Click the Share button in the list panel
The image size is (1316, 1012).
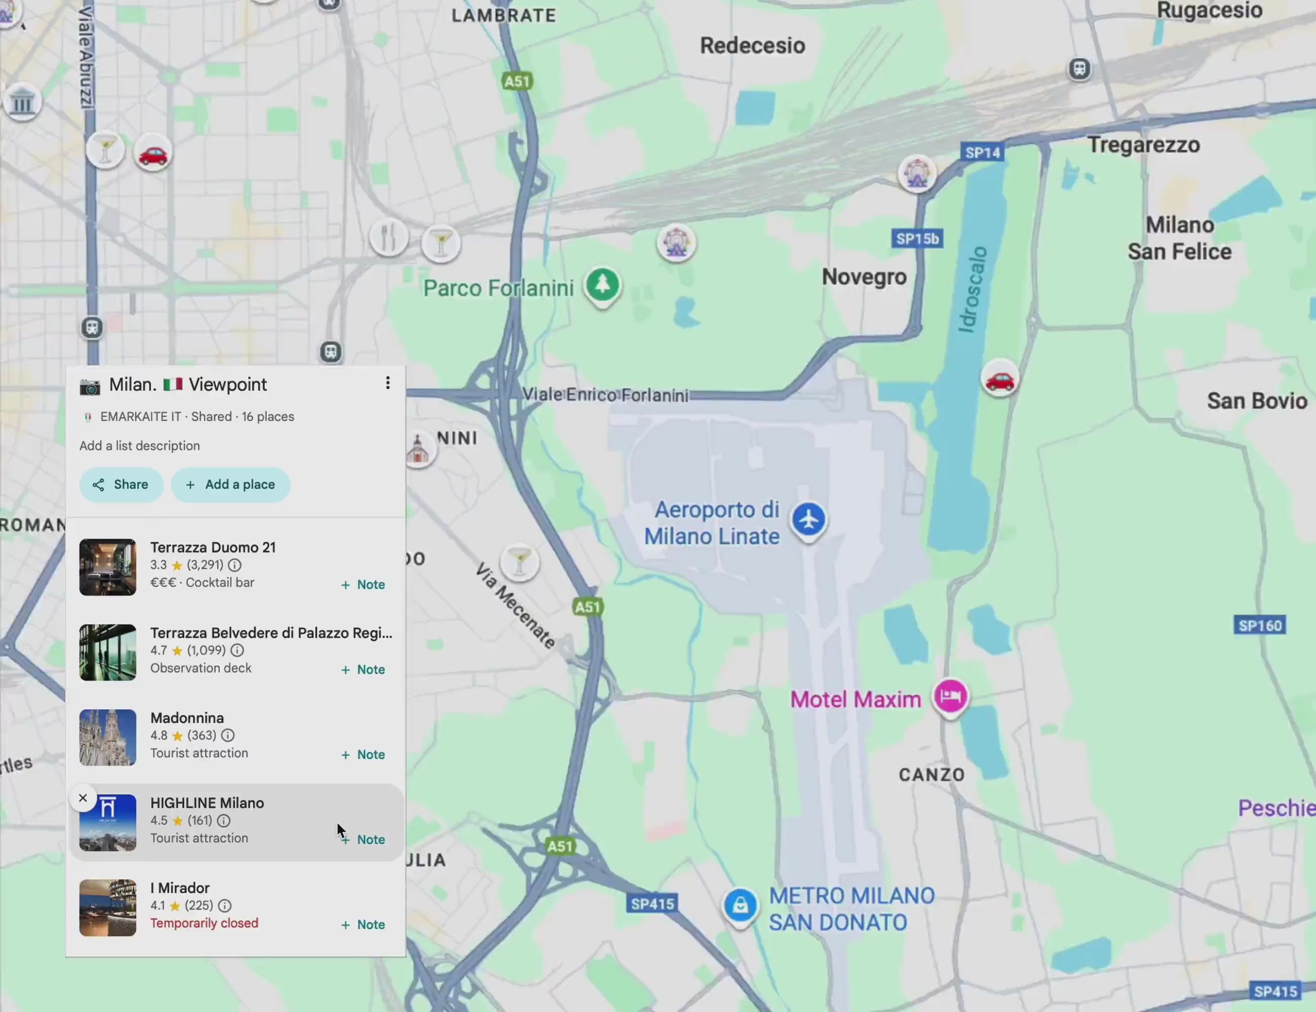point(121,484)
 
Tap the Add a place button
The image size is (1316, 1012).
point(230,484)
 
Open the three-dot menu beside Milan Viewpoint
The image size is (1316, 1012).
point(387,383)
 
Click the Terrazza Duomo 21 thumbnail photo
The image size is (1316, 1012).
point(108,567)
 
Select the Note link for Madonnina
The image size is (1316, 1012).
point(363,754)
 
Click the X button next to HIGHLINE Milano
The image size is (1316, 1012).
point(83,798)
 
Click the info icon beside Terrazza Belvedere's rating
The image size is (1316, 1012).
point(237,650)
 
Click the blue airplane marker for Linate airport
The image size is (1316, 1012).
point(808,519)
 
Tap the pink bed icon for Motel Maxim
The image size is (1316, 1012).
point(950,696)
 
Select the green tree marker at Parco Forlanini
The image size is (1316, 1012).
point(602,284)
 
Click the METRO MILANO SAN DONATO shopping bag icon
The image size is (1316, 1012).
point(740,905)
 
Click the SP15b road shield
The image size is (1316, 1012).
point(917,238)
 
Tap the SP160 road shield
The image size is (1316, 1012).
point(1259,625)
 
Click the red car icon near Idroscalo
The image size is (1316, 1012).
point(1000,379)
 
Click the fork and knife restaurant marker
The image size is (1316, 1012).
point(388,237)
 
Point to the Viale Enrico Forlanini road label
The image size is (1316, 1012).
point(604,395)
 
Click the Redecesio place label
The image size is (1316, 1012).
point(752,46)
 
